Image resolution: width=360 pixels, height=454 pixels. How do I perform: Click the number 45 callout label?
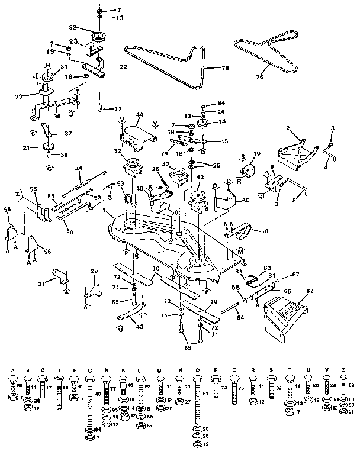click(x=78, y=168)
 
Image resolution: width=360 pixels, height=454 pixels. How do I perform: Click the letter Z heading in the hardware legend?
click(x=343, y=369)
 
